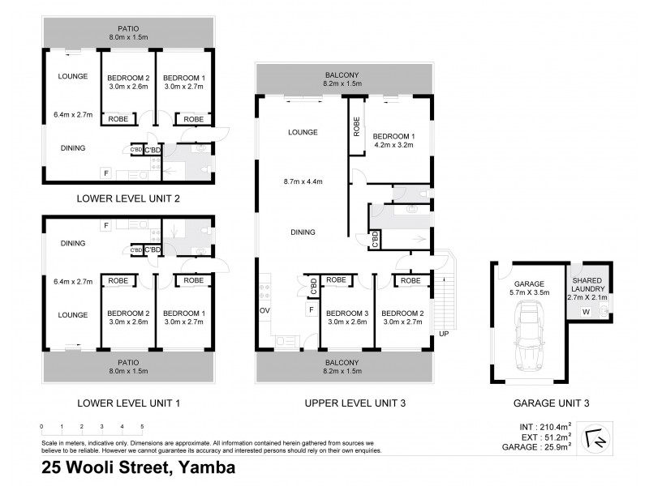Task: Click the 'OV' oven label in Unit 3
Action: pyautogui.click(x=264, y=310)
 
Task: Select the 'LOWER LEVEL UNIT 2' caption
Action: pyautogui.click(x=129, y=198)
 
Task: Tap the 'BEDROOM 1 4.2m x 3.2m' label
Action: pyautogui.click(x=393, y=141)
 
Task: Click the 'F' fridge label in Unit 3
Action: pyautogui.click(x=309, y=309)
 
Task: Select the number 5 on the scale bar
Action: pyautogui.click(x=142, y=425)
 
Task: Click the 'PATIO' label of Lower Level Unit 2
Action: pyautogui.click(x=129, y=28)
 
